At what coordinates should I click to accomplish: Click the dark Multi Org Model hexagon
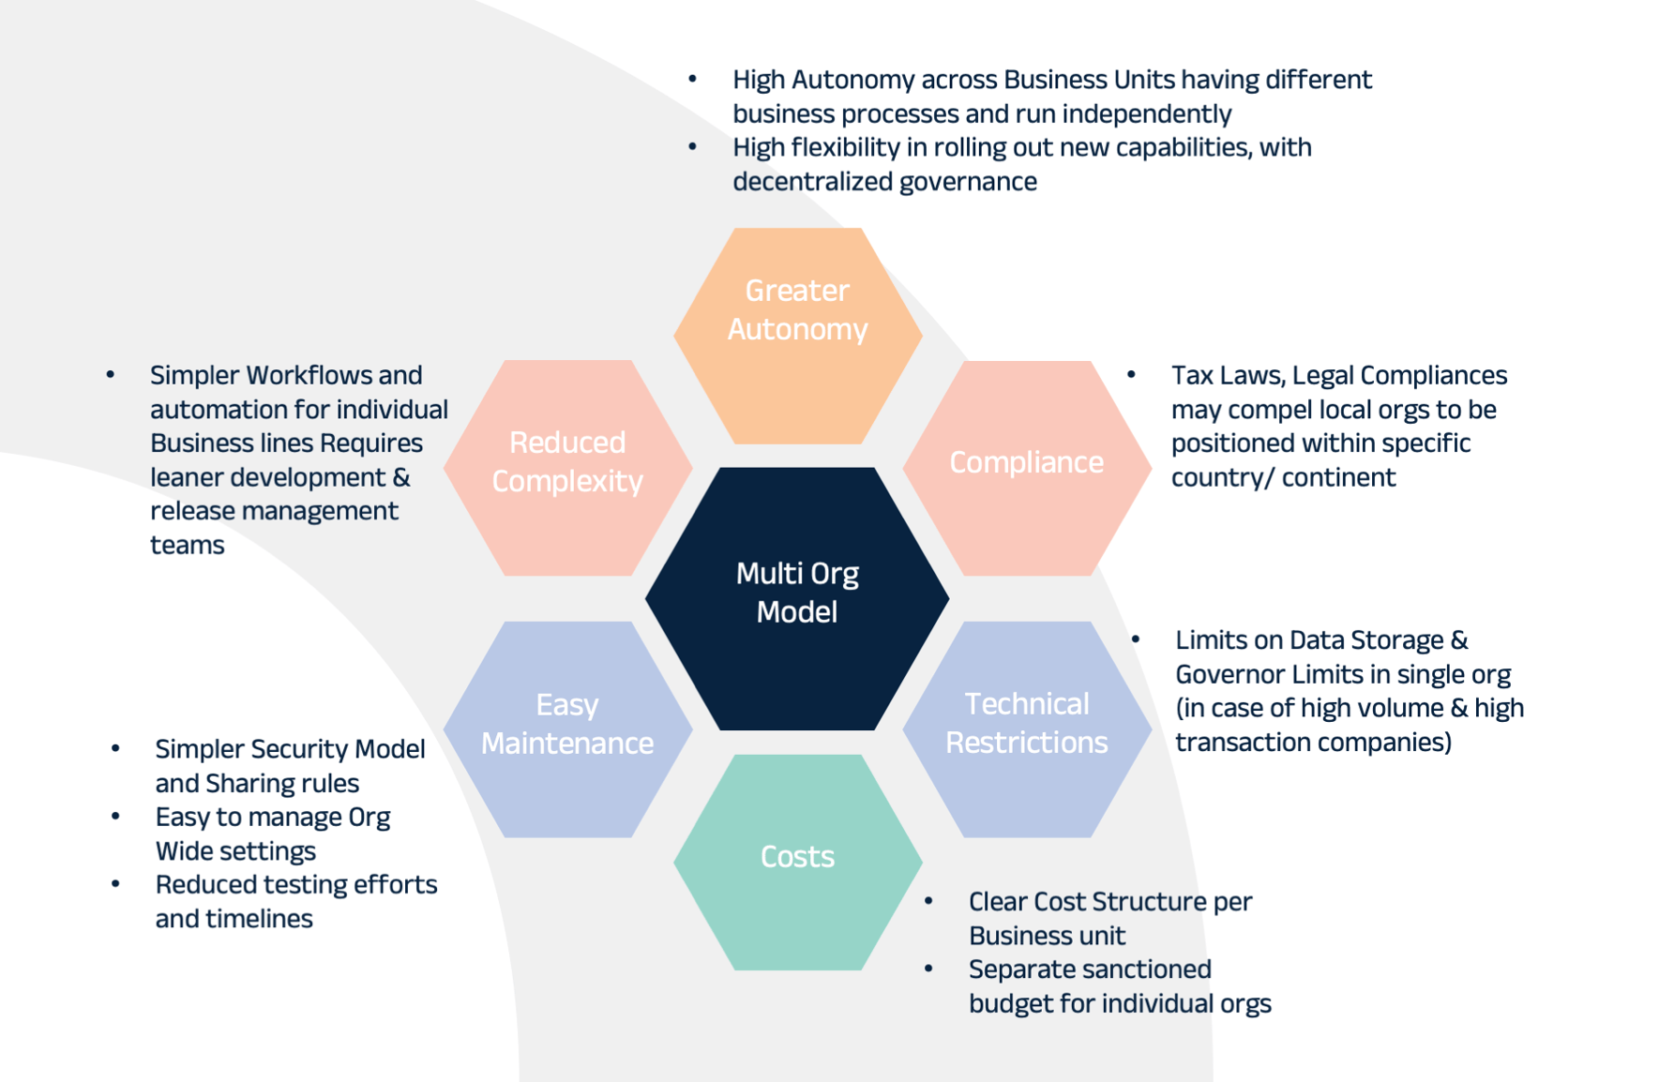797,597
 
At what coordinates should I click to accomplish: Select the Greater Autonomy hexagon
797,336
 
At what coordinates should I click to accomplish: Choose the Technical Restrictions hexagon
1026,729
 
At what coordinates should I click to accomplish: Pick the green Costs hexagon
797,861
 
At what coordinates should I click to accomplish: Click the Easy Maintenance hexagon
567,729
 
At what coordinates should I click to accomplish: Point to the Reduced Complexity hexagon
567,467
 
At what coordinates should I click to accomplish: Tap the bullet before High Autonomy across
692,79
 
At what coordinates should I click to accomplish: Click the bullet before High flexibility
692,146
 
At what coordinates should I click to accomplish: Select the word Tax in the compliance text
1192,375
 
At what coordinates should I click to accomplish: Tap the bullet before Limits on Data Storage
1135,639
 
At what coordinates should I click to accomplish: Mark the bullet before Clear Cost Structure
928,901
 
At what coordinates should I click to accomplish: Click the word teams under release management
187,545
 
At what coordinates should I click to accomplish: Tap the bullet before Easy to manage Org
115,817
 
